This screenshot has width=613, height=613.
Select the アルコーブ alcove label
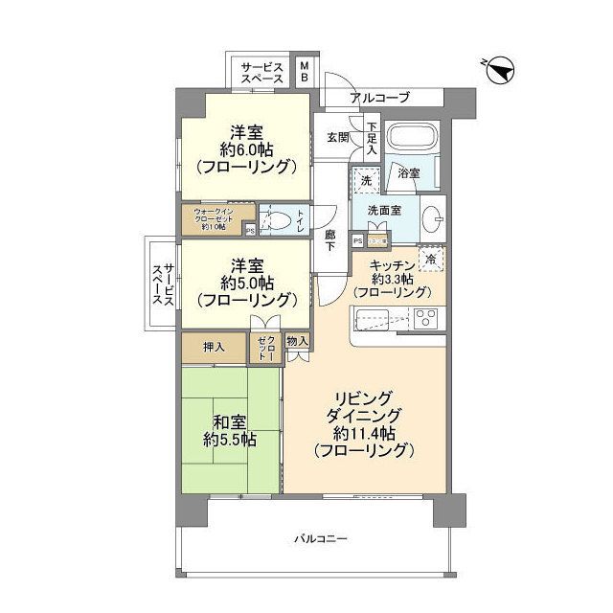380,98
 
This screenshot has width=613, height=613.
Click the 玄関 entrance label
337,137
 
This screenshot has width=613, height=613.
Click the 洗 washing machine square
365,179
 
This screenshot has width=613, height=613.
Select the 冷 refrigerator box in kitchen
431,258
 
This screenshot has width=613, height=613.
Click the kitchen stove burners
425,320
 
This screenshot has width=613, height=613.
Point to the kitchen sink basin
372,320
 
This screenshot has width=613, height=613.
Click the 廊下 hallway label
331,240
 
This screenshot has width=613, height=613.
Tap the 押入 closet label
214,348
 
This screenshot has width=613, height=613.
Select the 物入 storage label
297,340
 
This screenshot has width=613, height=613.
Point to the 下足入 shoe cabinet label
372,135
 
